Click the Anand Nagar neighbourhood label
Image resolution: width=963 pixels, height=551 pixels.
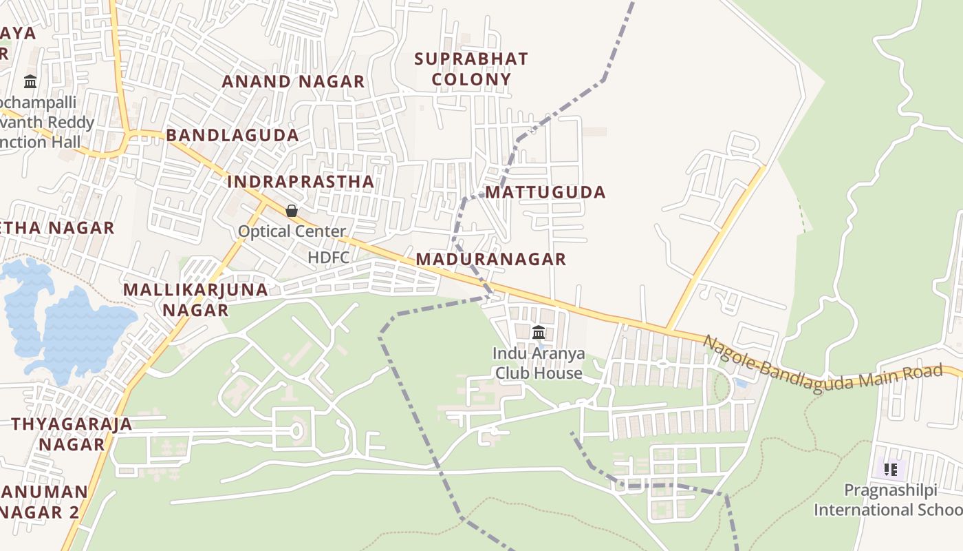[x=293, y=81]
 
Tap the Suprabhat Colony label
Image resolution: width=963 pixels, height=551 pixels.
[x=471, y=69]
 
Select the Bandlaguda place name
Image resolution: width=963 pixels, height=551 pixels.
[x=232, y=135]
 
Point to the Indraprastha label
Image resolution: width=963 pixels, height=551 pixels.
[x=301, y=182]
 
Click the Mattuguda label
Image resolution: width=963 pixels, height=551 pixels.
[x=546, y=192]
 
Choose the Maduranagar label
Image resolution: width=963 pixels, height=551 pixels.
[x=491, y=259]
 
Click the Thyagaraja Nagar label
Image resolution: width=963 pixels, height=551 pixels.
[x=72, y=434]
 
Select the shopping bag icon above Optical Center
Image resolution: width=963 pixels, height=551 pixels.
[x=292, y=210]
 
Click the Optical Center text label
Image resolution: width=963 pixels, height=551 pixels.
[x=292, y=231]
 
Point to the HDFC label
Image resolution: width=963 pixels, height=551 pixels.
[x=329, y=258]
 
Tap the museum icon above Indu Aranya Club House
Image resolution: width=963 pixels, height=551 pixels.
[x=539, y=333]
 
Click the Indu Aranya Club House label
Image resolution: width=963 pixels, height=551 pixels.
[x=539, y=364]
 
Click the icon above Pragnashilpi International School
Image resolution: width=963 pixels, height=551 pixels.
[x=891, y=470]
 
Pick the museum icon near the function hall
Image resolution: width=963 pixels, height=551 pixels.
[x=30, y=82]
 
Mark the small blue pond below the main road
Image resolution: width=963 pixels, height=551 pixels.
[x=741, y=383]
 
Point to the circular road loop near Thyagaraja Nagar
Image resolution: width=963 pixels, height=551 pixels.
[x=296, y=432]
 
